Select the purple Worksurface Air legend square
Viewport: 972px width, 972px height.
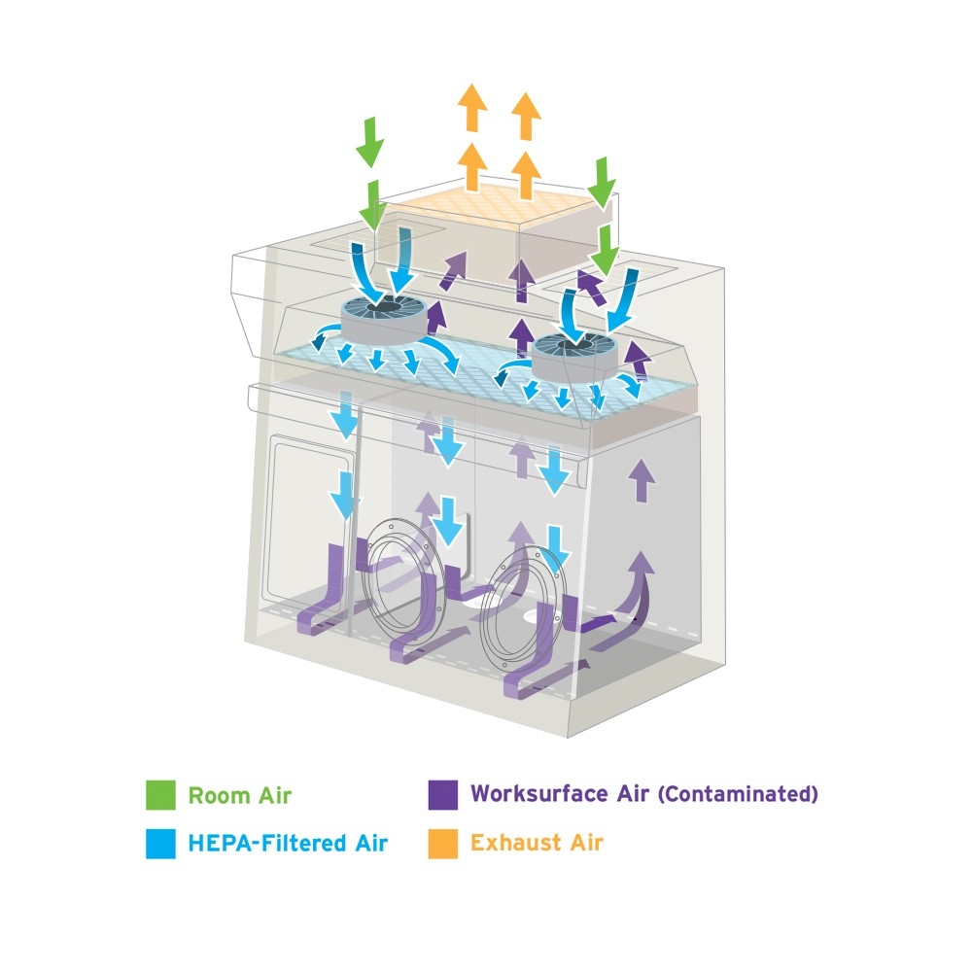coord(442,794)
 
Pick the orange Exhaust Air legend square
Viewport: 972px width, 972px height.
coord(442,843)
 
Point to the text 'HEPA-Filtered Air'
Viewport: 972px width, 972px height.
coord(287,843)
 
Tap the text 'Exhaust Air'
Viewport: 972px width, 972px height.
coord(536,842)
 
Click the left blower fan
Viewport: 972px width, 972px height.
coord(381,316)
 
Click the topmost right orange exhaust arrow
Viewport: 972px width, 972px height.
coord(525,115)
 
